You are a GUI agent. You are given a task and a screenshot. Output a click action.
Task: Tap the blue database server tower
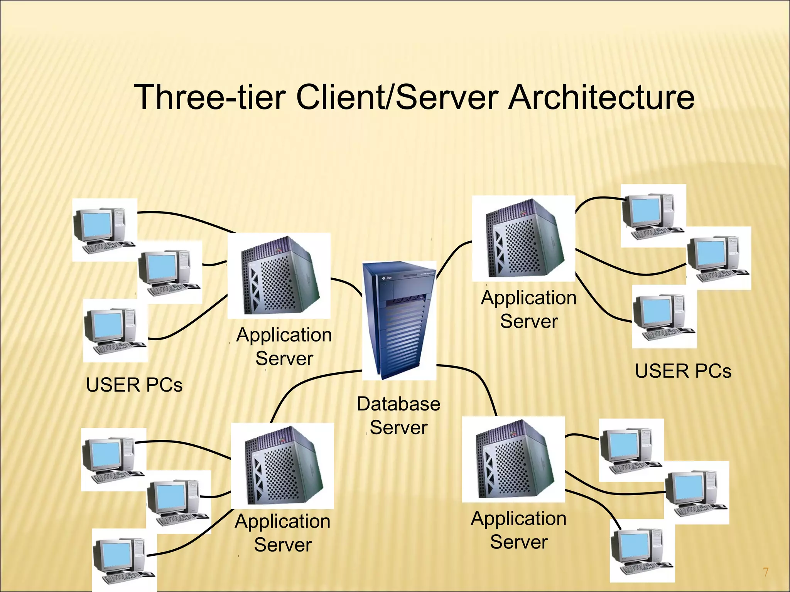pos(399,320)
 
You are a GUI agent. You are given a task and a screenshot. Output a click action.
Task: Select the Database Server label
pos(398,415)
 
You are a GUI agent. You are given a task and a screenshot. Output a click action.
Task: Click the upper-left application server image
pos(279,276)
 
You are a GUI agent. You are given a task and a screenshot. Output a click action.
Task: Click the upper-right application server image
pos(523,238)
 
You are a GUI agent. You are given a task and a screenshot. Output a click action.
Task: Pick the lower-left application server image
pos(282,466)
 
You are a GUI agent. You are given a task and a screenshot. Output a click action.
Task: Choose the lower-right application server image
pos(513,459)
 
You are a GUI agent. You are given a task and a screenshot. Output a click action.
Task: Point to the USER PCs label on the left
pos(134,385)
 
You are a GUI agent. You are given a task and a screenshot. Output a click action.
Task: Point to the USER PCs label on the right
pos(683,371)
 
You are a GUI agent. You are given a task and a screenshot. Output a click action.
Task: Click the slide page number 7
pos(766,572)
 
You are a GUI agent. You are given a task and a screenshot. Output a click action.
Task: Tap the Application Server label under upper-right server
pos(528,309)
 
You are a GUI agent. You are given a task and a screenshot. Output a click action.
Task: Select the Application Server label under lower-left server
pos(282,533)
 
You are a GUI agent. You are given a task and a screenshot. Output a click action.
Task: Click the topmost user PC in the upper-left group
pos(104,230)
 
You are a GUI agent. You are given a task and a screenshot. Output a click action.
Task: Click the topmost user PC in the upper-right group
pos(653,215)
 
